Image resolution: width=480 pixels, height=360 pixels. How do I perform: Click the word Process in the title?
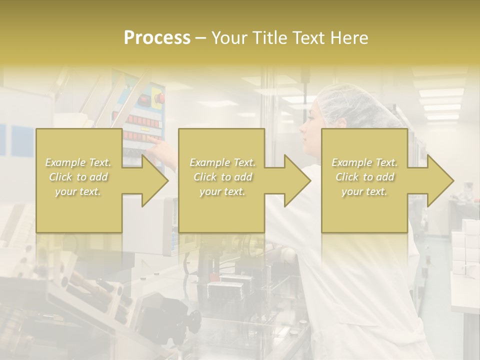coord(157,38)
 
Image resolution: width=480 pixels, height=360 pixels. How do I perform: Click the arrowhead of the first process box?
coord(155,180)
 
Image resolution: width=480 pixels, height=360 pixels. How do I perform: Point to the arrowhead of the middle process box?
coord(297,180)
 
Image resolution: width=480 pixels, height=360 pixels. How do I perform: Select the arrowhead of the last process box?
coord(440,180)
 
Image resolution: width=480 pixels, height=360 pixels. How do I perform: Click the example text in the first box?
coord(78,177)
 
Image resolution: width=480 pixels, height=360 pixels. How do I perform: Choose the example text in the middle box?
coord(222,177)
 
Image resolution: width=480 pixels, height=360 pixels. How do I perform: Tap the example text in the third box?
coord(364,177)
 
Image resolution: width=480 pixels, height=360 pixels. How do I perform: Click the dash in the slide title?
coord(201,38)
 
